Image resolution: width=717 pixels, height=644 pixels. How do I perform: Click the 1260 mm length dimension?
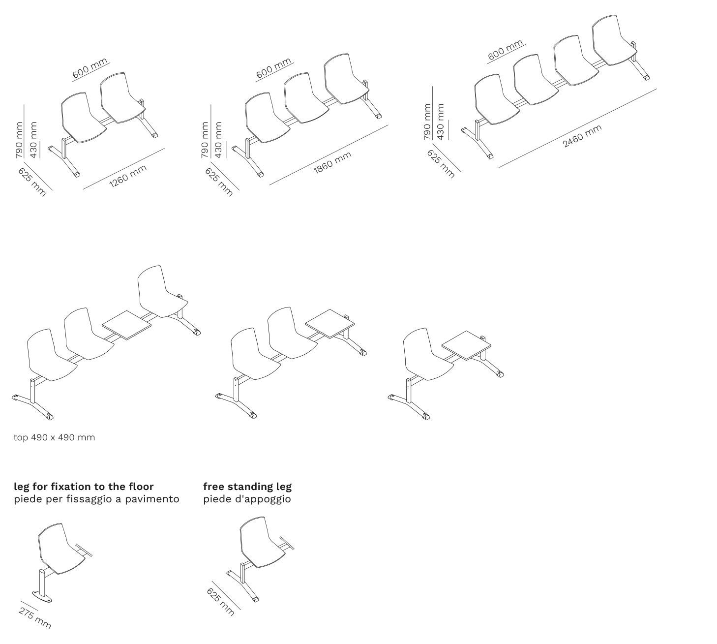click(128, 176)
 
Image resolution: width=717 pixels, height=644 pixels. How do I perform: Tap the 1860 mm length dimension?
click(332, 163)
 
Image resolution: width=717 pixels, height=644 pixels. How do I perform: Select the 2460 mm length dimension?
click(582, 136)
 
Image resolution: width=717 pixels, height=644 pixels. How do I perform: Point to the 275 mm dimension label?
click(35, 618)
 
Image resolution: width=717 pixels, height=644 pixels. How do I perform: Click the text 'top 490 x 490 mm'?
click(54, 437)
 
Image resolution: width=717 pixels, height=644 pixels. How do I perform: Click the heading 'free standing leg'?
click(247, 487)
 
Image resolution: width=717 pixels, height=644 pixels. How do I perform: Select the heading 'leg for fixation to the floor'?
click(84, 487)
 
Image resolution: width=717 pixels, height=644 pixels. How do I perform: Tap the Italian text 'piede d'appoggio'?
click(247, 499)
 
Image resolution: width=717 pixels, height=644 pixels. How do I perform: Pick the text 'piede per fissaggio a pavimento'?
click(96, 499)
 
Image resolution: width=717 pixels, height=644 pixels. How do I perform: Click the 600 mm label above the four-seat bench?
click(505, 50)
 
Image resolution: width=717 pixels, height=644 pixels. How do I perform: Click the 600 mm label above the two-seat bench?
click(90, 68)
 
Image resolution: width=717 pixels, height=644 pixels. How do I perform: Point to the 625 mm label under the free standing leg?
click(220, 602)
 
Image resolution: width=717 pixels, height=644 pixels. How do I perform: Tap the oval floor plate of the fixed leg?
click(42, 597)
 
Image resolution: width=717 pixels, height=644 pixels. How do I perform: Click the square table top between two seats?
click(127, 325)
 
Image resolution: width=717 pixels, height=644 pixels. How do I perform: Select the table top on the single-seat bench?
click(466, 345)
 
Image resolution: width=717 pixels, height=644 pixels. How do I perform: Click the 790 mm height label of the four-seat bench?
click(427, 122)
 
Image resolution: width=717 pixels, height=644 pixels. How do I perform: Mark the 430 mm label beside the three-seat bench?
click(218, 140)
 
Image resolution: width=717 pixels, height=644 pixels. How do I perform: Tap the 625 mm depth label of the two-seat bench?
click(32, 182)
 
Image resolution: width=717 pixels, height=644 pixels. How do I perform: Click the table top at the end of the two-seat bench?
click(330, 324)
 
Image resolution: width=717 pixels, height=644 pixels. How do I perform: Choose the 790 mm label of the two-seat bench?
click(19, 140)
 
